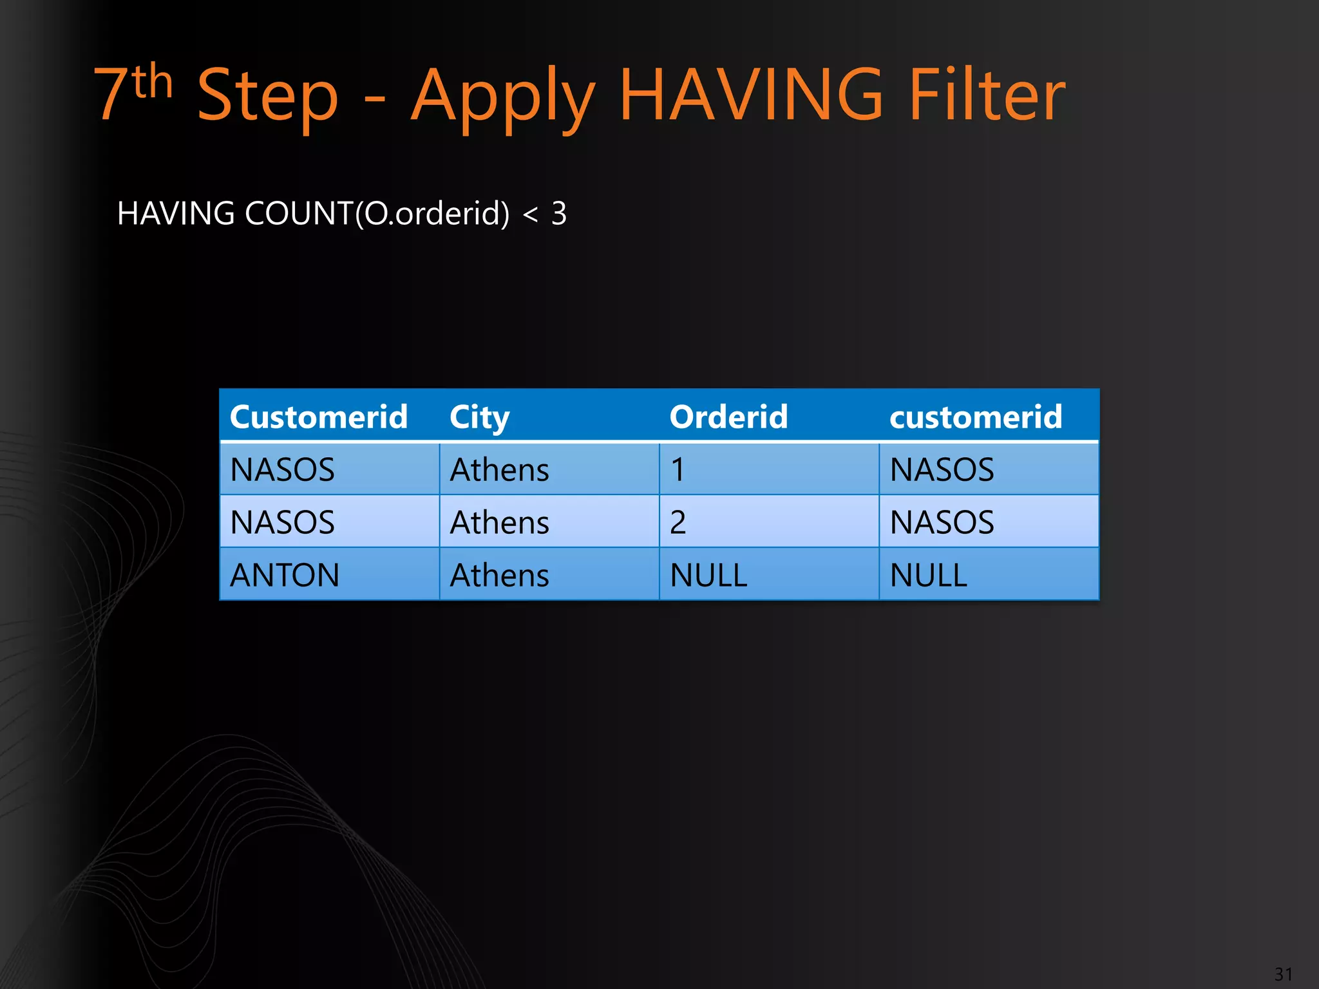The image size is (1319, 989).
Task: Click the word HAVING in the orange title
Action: pos(751,95)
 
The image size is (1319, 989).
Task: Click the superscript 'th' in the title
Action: pos(153,82)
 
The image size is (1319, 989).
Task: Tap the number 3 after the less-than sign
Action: pos(558,213)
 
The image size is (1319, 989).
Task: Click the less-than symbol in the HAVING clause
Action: pos(530,214)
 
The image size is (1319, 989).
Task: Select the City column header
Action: pos(479,417)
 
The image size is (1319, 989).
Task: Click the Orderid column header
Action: pos(728,417)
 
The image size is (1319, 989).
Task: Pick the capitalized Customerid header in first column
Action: pos(319,417)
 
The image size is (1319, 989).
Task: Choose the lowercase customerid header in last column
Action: pos(976,417)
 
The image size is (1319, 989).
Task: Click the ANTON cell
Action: pos(285,575)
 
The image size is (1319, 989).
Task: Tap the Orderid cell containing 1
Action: pos(678,469)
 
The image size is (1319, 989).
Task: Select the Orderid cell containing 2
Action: pos(678,522)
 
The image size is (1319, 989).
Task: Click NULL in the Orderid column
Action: pos(708,575)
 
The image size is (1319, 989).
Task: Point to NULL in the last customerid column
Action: pos(928,575)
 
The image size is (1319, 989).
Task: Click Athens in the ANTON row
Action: pos(499,575)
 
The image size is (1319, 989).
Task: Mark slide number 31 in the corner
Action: pos(1283,974)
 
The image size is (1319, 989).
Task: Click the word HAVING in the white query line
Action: pos(176,213)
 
